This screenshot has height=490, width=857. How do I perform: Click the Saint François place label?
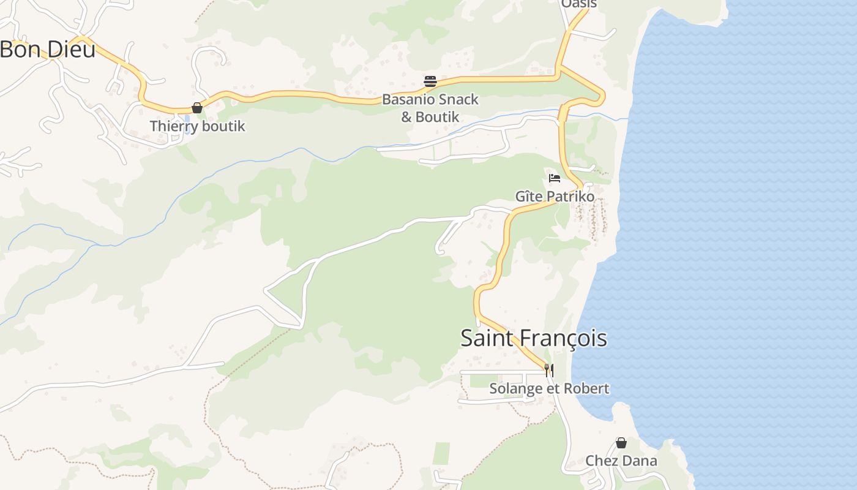[x=533, y=339]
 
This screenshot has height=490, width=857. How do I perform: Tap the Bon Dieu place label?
[x=48, y=50]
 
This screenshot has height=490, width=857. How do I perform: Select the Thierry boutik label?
[x=197, y=127]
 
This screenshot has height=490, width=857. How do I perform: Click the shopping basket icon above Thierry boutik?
[x=197, y=108]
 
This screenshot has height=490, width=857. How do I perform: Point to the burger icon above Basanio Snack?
[x=430, y=81]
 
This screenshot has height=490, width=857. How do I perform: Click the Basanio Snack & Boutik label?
[x=430, y=108]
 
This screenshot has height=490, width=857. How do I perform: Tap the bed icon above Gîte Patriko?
[x=555, y=178]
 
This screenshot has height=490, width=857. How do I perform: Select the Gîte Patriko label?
[x=555, y=197]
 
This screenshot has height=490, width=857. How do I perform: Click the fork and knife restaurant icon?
[x=549, y=370]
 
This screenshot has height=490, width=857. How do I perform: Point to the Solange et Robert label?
[x=549, y=389]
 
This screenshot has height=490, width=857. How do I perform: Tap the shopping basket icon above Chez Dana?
[x=621, y=443]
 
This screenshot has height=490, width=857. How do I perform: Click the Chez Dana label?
[x=621, y=461]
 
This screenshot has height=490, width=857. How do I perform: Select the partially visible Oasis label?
[x=578, y=4]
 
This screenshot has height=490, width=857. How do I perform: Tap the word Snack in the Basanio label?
[x=457, y=99]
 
